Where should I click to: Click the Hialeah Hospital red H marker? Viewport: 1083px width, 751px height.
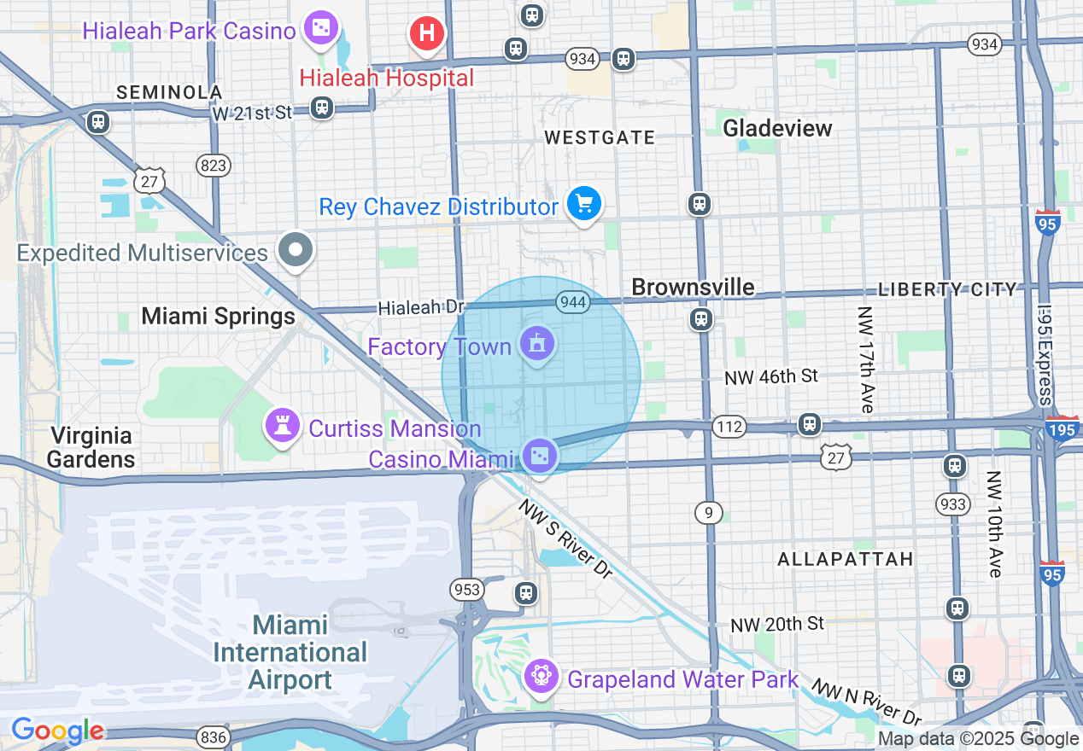pos(427,35)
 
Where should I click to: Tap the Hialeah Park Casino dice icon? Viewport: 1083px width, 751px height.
pos(321,29)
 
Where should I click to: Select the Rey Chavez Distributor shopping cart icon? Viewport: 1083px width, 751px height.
pos(584,204)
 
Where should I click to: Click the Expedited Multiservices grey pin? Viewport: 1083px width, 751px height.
pos(296,251)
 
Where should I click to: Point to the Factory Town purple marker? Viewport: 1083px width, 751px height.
pos(537,344)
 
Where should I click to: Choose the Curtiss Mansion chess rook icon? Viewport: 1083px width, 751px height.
pos(280,423)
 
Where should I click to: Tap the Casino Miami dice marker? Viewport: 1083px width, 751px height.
pos(540,455)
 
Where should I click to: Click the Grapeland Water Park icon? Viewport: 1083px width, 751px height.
pos(541,676)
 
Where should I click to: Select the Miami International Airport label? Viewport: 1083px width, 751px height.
pos(290,652)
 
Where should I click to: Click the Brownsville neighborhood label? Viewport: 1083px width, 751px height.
pos(693,287)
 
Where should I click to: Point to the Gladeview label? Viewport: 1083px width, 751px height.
pos(777,128)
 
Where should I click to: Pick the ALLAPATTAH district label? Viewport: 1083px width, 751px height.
pos(846,559)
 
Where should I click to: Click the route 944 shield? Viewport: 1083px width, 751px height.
pos(571,301)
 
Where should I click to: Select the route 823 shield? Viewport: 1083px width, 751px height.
pos(213,165)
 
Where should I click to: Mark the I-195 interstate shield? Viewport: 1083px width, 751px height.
pos(1062,429)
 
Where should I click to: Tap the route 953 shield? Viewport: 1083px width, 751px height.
pos(468,590)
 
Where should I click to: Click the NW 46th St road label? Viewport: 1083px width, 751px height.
pos(771,376)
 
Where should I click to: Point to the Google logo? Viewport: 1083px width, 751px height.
pos(57,731)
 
